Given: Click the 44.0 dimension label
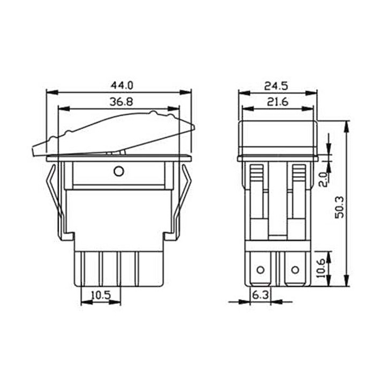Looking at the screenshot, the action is point(122,85).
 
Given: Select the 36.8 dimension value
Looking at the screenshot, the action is point(121,102).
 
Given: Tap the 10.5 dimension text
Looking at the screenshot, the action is point(101,295).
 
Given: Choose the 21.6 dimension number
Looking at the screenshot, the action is point(278,102).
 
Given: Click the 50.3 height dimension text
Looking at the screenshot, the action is point(340,207).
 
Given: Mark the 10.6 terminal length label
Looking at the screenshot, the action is point(321,268).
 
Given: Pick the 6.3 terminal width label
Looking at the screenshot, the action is point(260,295).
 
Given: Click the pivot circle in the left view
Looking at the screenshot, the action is point(119,171).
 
